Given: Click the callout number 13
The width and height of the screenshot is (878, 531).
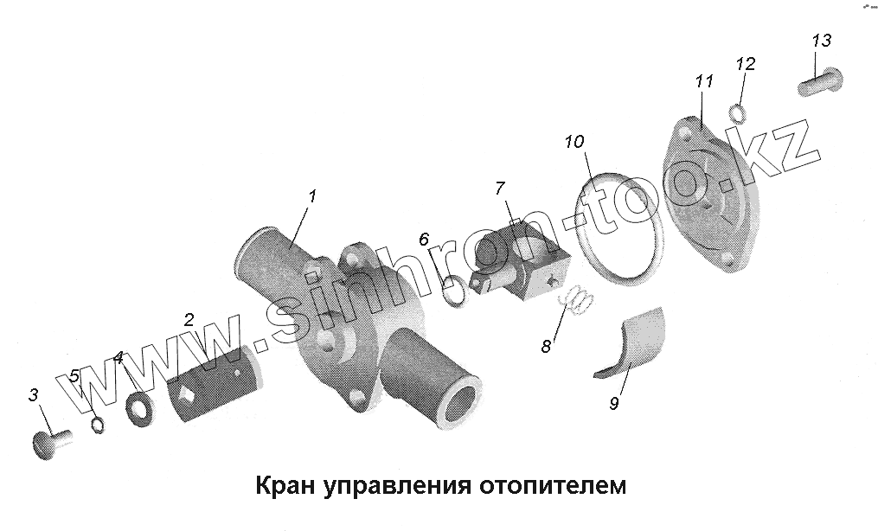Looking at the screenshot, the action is [x=821, y=41].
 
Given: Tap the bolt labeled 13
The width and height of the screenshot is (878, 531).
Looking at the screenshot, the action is [x=819, y=83].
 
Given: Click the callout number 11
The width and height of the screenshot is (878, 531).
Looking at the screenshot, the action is [x=704, y=81].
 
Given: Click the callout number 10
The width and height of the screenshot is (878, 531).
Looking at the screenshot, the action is [x=576, y=142].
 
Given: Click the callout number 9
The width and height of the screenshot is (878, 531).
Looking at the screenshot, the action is [x=613, y=403].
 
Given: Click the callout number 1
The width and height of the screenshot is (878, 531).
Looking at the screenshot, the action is [x=311, y=196].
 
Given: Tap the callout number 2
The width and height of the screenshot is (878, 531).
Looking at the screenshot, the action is [x=189, y=319].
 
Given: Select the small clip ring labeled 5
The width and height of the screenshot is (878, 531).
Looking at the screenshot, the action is [x=98, y=425].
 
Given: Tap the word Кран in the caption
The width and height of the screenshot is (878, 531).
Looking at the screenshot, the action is [x=285, y=486].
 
